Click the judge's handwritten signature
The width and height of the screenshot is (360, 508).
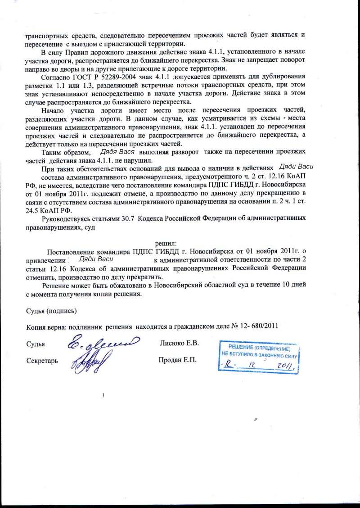[x=101, y=345]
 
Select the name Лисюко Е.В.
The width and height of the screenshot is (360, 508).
[x=180, y=344]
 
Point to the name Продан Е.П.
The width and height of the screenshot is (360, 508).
[x=178, y=361]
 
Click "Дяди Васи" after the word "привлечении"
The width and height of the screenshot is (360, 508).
[x=95, y=259]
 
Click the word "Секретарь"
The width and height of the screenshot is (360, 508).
[x=42, y=361]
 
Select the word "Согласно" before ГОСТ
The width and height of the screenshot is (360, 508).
[x=55, y=76]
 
